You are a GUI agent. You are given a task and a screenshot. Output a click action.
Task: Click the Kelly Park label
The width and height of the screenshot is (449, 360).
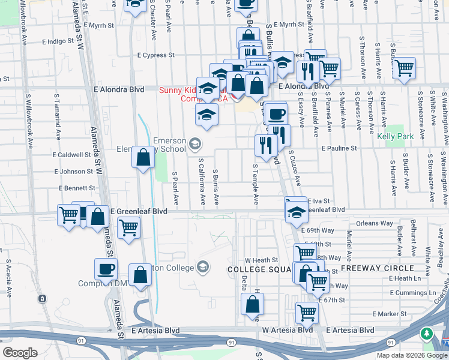(x=396, y=137)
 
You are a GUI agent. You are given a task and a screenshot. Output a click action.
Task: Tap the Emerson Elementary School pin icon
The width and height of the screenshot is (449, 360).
(x=194, y=143)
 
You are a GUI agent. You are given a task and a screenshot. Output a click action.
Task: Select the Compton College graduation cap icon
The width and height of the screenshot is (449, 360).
(x=203, y=266)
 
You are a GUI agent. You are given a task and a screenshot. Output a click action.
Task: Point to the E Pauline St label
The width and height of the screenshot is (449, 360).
(x=339, y=148)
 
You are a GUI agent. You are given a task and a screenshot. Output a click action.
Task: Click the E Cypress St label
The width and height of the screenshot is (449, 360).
(x=155, y=55)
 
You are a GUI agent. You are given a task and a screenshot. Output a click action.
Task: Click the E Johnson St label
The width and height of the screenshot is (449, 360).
(x=73, y=171)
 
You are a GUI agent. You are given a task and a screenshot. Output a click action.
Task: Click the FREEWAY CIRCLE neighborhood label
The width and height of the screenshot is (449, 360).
(x=378, y=268)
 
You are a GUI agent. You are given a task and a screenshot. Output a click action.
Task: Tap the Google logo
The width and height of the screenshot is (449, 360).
(x=20, y=353)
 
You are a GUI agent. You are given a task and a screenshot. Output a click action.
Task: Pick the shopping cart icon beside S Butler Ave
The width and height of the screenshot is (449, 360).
(x=405, y=68)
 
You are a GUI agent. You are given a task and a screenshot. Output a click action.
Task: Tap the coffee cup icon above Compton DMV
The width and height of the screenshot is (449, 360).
(x=106, y=269)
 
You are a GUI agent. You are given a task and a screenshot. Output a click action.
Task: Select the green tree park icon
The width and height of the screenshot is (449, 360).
(x=427, y=334)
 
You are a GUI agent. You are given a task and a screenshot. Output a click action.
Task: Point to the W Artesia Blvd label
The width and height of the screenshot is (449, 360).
(x=288, y=330)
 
